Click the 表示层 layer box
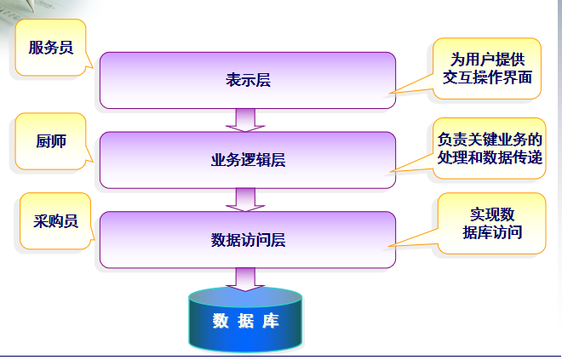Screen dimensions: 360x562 [x=247, y=80]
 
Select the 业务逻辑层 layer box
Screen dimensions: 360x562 [x=247, y=159]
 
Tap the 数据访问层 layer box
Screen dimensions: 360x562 [x=247, y=239]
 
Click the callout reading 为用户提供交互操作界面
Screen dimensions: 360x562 [x=486, y=68]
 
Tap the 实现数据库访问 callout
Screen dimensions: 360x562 [x=491, y=223]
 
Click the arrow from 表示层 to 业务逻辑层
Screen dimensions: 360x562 [x=246, y=120]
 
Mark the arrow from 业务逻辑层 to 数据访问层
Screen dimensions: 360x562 [x=246, y=199]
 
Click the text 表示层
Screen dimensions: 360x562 [x=248, y=81]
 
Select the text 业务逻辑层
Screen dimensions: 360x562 [x=247, y=160]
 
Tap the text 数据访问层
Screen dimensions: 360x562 [x=247, y=240]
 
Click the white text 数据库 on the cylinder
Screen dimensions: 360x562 [x=245, y=322]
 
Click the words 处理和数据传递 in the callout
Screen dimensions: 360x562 [x=488, y=158]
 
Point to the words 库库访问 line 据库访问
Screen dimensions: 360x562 [x=491, y=232]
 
